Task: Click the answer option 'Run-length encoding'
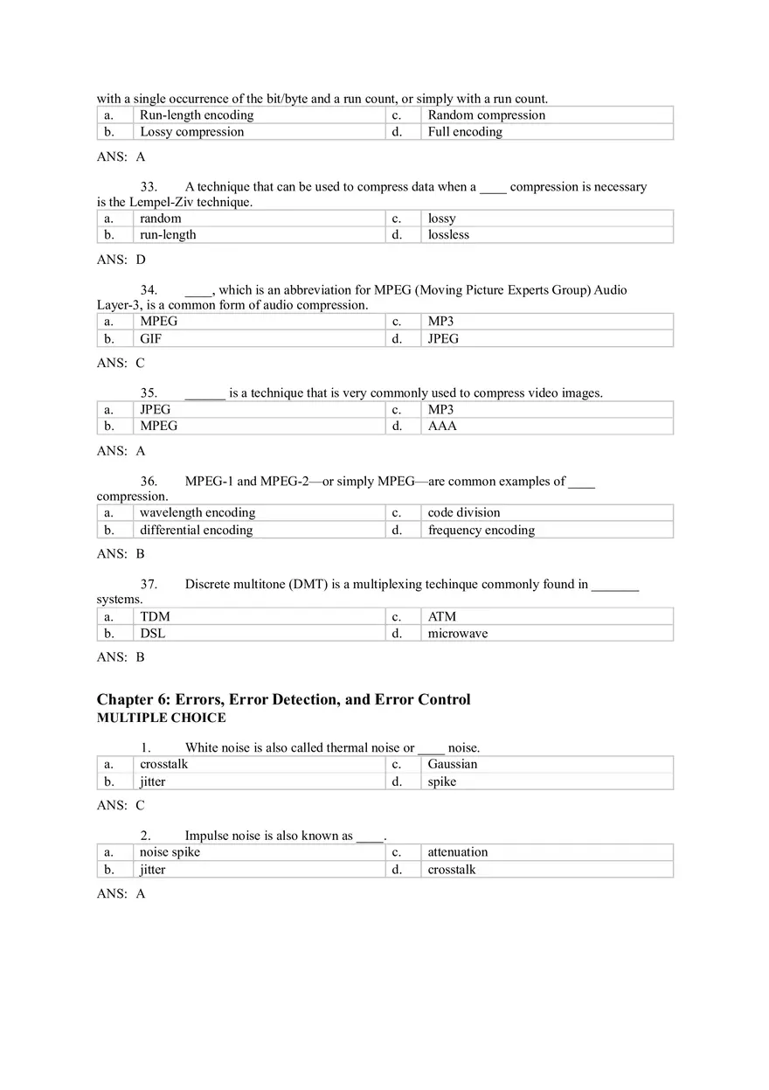[197, 115]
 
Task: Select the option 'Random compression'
[486, 115]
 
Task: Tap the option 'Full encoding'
[465, 132]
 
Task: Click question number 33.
[149, 187]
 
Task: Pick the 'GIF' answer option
[150, 339]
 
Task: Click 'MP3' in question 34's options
[440, 322]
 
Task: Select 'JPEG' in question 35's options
[155, 409]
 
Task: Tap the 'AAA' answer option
[442, 427]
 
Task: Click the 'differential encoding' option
[196, 531]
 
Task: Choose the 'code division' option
[464, 513]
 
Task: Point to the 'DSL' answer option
[152, 634]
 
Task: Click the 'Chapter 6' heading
[283, 699]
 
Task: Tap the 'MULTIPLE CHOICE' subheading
[161, 719]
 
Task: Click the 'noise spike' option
[170, 852]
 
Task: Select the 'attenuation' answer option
[458, 852]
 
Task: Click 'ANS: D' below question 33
[121, 260]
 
